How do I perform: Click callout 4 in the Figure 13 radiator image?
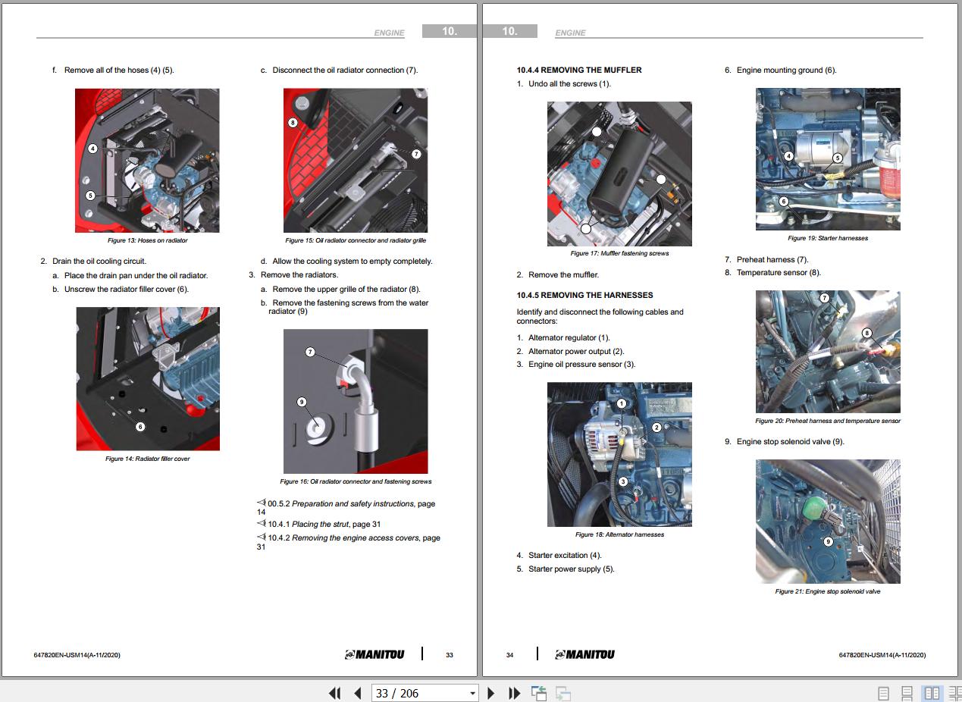[x=92, y=149]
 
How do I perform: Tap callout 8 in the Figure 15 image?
[x=293, y=123]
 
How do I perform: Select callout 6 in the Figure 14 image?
[x=140, y=427]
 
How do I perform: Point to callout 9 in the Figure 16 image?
[x=302, y=402]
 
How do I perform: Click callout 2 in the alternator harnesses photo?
[x=656, y=428]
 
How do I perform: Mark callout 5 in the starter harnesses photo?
[x=838, y=158]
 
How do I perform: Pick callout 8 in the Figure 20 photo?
[x=867, y=333]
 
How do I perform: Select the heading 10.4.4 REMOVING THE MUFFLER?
[x=579, y=70]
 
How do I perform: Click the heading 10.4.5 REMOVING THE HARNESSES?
[x=584, y=296]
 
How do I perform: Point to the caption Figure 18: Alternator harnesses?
[x=619, y=534]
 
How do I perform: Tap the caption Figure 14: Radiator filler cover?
[x=147, y=459]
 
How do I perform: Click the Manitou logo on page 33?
[x=374, y=654]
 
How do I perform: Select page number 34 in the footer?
[x=509, y=655]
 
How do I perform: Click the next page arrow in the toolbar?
[x=491, y=693]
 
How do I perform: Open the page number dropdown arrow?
[x=472, y=694]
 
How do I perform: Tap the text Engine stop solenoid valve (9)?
[x=790, y=442]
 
